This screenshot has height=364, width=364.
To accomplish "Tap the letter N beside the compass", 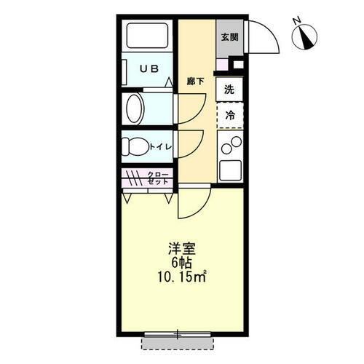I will (x=295, y=21).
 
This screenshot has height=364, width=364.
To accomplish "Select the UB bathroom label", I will (x=148, y=69).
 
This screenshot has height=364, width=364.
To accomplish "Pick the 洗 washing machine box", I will (x=229, y=90).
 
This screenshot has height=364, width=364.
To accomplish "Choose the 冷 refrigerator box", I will (x=229, y=115).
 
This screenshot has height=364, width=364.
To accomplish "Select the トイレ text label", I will (x=160, y=147).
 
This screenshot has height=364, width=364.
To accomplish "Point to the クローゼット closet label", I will (x=157, y=178).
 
